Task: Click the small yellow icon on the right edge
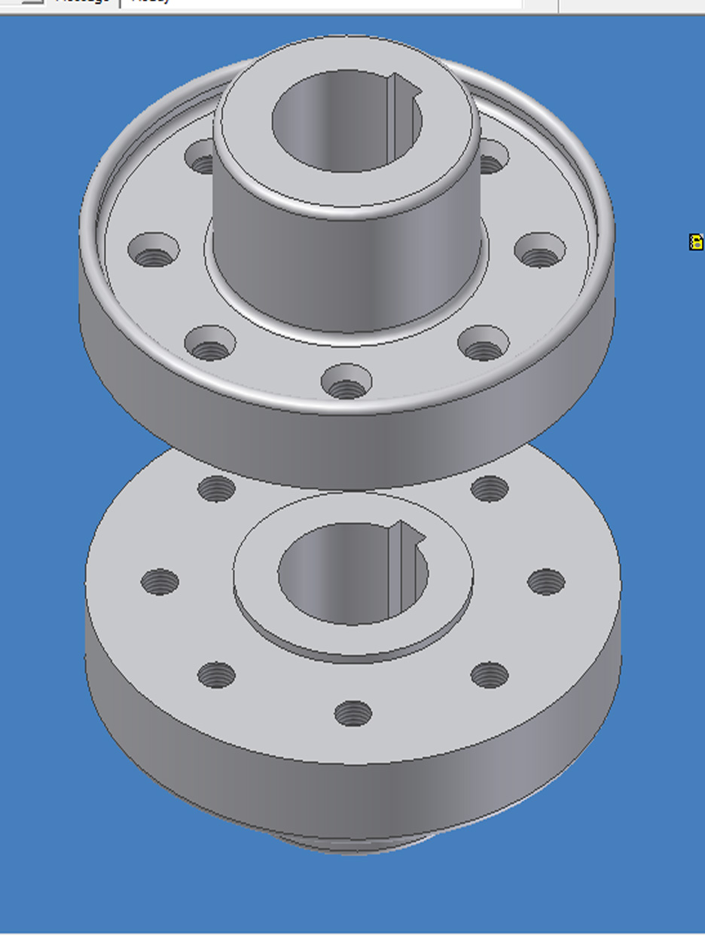point(696,242)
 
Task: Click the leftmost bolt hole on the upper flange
point(154,250)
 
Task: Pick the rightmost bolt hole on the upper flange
point(540,251)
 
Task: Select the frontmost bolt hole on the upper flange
point(346,383)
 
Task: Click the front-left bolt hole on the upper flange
point(210,344)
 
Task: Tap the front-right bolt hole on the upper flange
point(483,344)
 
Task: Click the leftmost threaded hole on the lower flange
point(160,582)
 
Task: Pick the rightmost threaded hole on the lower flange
point(546,582)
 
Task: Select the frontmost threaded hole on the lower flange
point(352,713)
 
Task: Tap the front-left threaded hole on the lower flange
point(217,674)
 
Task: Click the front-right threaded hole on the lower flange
point(490,674)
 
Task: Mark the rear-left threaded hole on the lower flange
point(217,489)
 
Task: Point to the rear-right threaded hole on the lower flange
point(490,489)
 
